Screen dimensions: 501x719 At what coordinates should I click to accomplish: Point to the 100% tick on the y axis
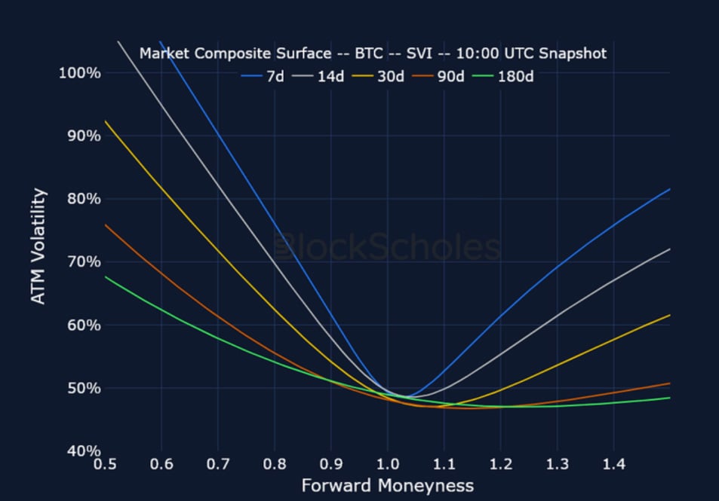(79, 73)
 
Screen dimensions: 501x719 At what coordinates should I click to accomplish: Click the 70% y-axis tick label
(83, 262)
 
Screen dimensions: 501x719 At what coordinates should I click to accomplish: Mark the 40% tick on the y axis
(83, 451)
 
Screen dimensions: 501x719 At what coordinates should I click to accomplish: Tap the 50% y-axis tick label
(83, 388)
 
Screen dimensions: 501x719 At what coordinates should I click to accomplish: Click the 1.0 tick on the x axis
(387, 464)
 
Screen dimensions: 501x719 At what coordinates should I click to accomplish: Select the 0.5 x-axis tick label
(105, 464)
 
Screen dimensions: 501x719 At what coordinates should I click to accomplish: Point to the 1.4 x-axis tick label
(613, 464)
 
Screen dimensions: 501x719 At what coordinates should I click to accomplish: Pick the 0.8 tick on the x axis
(275, 464)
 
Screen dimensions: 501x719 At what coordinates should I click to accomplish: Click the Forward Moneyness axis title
(387, 486)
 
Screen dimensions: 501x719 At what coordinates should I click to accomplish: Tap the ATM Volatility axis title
(38, 246)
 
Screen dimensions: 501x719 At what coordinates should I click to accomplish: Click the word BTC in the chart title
(370, 54)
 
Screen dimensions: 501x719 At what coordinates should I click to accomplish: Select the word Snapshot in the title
(572, 54)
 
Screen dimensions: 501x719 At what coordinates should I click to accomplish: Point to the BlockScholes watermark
(387, 248)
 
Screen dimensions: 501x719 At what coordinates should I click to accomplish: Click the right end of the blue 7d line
(669, 189)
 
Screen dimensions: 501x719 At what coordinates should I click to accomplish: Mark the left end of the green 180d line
(106, 276)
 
